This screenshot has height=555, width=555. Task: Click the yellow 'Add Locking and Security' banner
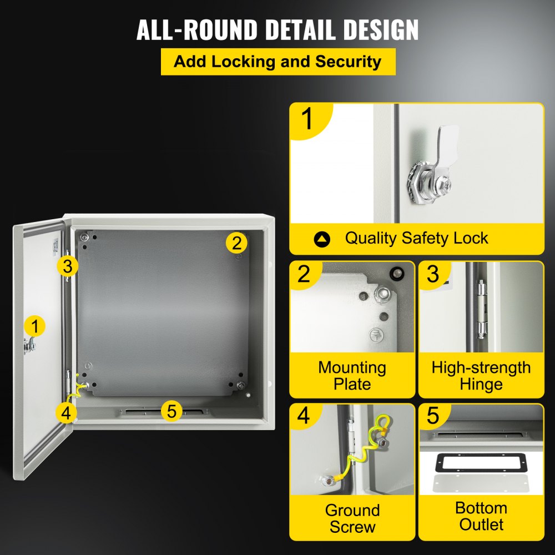(x=277, y=61)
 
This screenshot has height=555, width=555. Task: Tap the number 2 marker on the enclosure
(x=236, y=243)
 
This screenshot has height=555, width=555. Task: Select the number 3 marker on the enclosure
(x=67, y=266)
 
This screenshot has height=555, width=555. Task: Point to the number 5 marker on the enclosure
(x=171, y=411)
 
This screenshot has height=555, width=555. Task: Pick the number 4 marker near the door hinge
(x=66, y=413)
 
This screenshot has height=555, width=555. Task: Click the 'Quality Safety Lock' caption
(x=416, y=239)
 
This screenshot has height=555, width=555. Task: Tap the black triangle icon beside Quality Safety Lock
(x=322, y=239)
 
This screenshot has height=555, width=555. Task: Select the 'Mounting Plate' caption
(x=352, y=376)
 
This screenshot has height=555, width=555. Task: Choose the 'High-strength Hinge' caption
(x=481, y=376)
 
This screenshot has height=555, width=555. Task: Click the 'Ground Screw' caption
(x=352, y=518)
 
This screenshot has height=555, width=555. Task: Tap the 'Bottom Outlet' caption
(x=481, y=516)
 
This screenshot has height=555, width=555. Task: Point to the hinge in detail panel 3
(x=481, y=308)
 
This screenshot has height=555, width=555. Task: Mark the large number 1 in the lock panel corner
(x=307, y=120)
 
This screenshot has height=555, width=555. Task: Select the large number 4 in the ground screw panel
(x=304, y=416)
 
